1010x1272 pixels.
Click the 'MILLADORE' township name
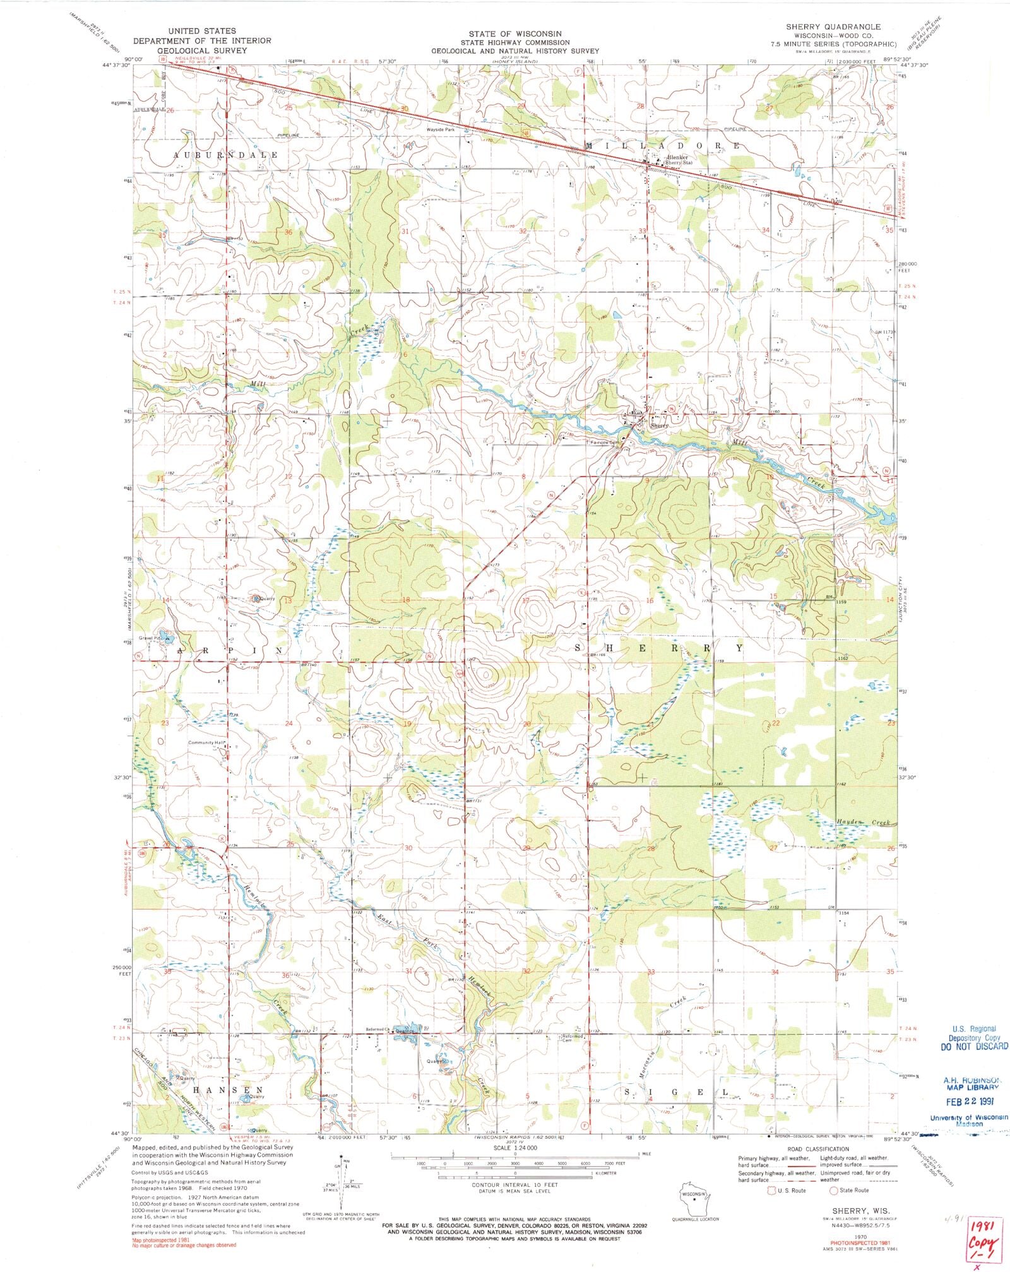663,145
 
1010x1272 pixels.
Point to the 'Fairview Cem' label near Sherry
607,443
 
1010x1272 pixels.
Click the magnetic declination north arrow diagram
343,1177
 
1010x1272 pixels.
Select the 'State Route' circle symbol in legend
833,1191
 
